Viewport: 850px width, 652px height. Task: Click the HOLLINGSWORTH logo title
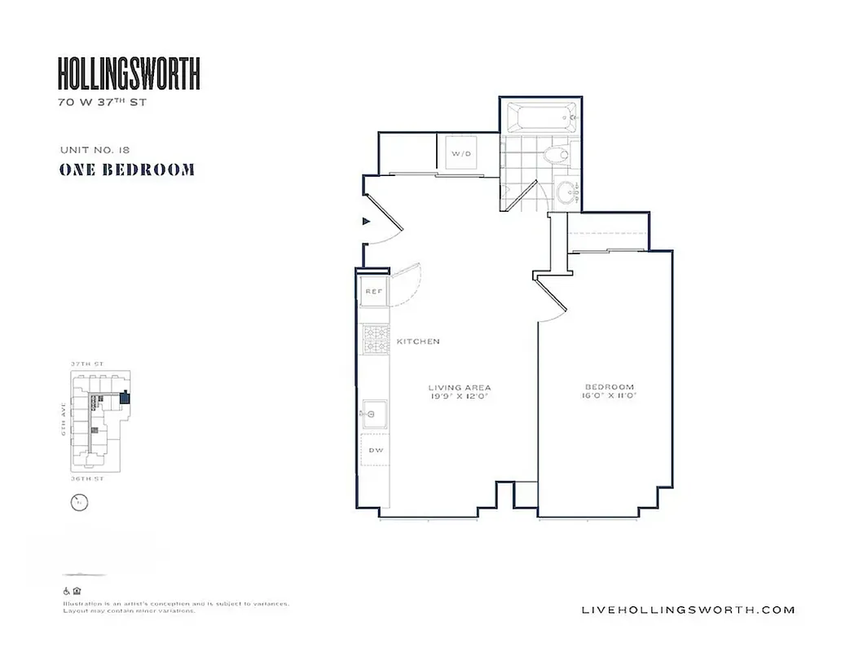click(129, 74)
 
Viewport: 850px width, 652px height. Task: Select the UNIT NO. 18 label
click(95, 149)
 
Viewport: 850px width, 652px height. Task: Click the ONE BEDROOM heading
click(126, 170)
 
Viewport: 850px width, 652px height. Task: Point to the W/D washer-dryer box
click(461, 153)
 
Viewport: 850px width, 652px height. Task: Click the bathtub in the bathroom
click(541, 118)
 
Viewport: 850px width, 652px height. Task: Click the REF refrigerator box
click(374, 292)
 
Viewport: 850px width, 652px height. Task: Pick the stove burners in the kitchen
click(376, 339)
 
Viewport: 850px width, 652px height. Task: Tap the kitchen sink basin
click(375, 414)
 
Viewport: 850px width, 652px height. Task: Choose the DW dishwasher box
click(376, 449)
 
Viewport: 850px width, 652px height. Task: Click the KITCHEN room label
click(418, 341)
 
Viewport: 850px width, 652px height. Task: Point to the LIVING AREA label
click(460, 387)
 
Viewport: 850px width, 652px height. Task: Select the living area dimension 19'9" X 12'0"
click(460, 396)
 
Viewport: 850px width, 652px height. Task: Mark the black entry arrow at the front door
click(366, 221)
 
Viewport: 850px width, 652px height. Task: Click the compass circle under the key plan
click(79, 503)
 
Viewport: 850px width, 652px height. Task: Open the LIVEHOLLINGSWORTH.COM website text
click(689, 610)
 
